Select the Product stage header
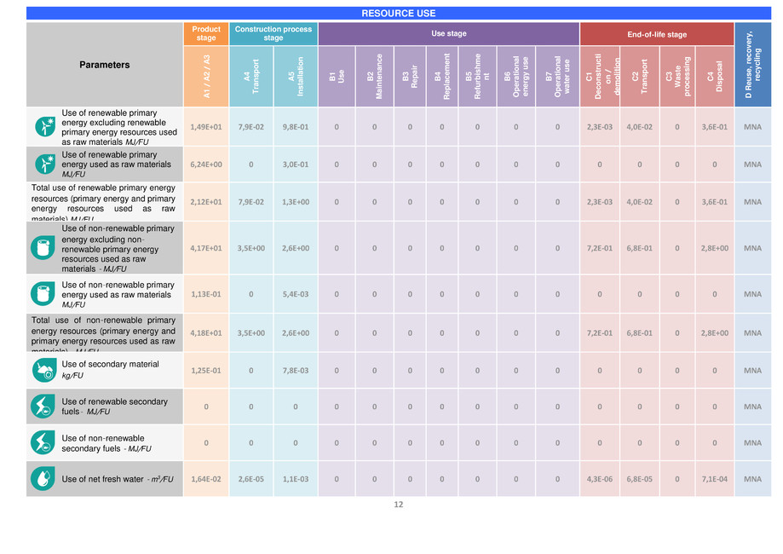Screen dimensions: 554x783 pos(206,33)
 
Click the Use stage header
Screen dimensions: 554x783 pos(448,34)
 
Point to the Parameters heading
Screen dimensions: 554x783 pos(105,65)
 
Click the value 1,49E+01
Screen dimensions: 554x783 pos(206,128)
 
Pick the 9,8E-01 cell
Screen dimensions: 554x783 pos(295,128)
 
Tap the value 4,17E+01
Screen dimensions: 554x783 pos(206,248)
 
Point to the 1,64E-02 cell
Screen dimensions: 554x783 pos(206,479)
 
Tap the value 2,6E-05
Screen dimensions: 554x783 pos(250,479)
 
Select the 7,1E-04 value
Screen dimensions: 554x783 pos(715,479)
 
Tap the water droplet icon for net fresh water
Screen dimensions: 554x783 pos(42,479)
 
